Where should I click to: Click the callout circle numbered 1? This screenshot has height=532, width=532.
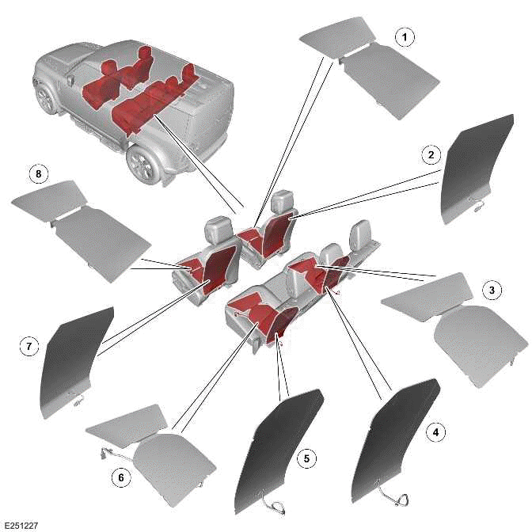click(x=405, y=37)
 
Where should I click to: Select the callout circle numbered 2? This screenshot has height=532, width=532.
click(x=430, y=154)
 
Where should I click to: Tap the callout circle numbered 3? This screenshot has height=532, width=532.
click(x=492, y=291)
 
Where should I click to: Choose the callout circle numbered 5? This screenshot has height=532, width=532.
click(x=304, y=457)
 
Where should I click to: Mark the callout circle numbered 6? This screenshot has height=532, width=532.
click(x=120, y=478)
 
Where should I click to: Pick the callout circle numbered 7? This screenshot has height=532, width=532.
click(x=28, y=346)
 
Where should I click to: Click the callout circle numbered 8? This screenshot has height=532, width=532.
click(x=35, y=173)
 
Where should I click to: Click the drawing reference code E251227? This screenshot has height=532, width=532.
click(x=21, y=525)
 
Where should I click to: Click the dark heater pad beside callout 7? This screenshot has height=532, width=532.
click(x=75, y=360)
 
